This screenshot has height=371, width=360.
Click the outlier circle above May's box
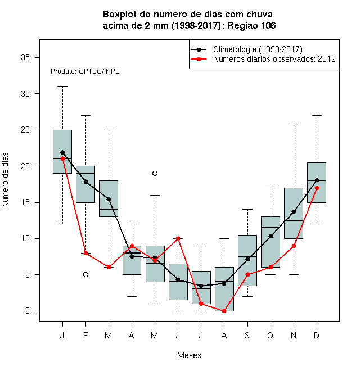click(x=155, y=174)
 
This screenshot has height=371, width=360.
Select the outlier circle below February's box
click(x=85, y=274)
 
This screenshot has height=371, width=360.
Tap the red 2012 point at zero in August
click(x=224, y=311)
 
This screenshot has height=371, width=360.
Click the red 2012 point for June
click(x=178, y=238)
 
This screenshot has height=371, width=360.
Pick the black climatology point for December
click(x=317, y=180)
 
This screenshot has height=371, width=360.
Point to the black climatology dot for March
click(x=109, y=199)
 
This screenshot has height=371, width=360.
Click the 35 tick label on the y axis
click(x=25, y=57)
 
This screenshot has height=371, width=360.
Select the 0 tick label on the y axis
click(x=28, y=311)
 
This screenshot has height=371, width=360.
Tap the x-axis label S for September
click(x=247, y=335)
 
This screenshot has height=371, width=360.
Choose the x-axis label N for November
click(x=294, y=335)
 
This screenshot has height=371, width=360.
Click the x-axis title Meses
click(x=189, y=355)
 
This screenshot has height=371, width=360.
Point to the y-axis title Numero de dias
click(x=5, y=180)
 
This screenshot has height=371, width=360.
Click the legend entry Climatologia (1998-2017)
click(x=258, y=49)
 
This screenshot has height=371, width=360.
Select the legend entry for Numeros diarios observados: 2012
click(x=274, y=59)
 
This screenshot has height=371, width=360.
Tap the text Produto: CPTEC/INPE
click(x=85, y=71)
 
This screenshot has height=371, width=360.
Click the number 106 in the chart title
click(x=268, y=25)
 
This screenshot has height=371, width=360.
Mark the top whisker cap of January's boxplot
click(x=62, y=87)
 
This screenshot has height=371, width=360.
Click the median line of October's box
click(x=271, y=228)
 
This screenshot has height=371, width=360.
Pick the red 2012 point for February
click(x=85, y=253)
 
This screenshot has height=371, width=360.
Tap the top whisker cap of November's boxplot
click(x=294, y=123)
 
